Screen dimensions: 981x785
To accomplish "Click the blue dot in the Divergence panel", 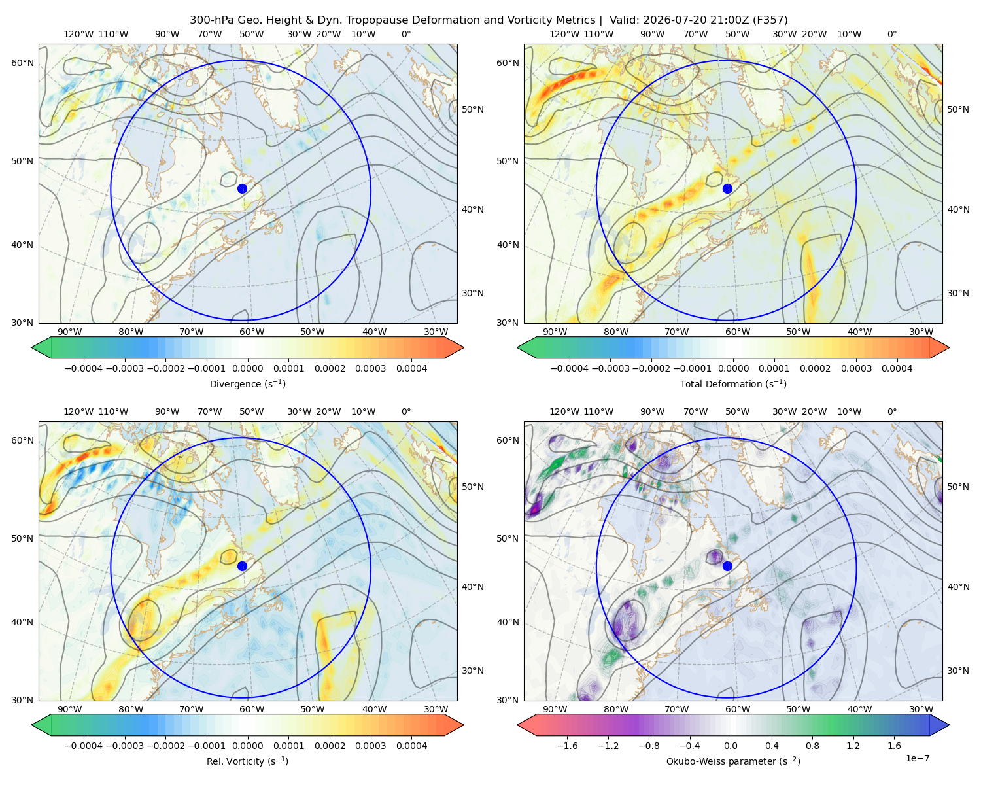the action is click(242, 188).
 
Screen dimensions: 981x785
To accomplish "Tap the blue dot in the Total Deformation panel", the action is click(727, 188).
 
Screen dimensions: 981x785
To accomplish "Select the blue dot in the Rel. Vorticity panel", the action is click(242, 566).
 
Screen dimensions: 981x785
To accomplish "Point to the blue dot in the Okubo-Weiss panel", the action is click(727, 566).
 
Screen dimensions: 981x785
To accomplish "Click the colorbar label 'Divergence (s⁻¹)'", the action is click(247, 383).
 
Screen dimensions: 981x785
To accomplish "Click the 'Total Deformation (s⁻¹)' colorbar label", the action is click(733, 383).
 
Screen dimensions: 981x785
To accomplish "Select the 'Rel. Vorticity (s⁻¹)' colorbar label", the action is click(247, 761).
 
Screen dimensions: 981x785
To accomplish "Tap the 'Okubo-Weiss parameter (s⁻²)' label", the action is click(733, 761).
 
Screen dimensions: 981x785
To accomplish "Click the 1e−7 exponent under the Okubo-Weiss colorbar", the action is click(917, 758).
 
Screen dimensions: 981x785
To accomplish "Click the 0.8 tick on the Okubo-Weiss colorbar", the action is click(812, 745).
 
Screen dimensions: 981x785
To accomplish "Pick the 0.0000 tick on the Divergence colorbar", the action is click(247, 368).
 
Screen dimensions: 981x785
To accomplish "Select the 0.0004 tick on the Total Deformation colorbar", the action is click(897, 368).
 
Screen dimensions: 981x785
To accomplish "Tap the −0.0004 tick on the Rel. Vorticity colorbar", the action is click(84, 745).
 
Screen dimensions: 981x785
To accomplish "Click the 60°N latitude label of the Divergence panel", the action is click(22, 63).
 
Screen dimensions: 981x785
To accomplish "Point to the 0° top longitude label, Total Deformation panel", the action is click(891, 34).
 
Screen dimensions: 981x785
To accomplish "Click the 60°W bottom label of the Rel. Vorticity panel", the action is click(252, 709).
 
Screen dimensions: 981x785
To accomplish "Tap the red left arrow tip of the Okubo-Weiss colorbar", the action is click(519, 725).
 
